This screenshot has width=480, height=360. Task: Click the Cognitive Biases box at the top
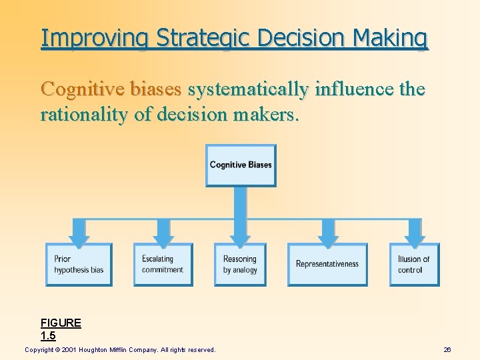[x=241, y=165]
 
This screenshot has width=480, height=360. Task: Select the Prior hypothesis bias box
[x=79, y=265]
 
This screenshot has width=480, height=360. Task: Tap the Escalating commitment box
[x=163, y=265]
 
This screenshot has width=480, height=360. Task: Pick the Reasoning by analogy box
[x=240, y=265]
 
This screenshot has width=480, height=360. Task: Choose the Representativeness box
[x=327, y=265]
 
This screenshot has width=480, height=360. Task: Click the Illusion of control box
[x=414, y=265]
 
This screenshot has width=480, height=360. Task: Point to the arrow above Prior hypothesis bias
[x=79, y=235]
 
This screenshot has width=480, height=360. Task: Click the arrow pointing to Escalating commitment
[x=163, y=235]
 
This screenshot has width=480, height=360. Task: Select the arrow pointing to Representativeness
[x=327, y=235]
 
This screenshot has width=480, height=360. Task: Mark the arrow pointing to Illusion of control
[x=414, y=235]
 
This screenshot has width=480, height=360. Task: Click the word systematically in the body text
[x=249, y=89]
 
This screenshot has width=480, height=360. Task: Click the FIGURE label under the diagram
[x=61, y=323]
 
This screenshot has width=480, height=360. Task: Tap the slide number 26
[x=447, y=349]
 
